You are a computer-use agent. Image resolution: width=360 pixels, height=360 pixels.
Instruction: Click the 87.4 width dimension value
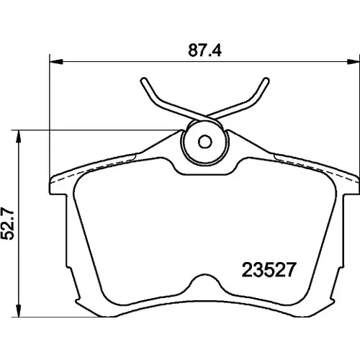[x=204, y=50]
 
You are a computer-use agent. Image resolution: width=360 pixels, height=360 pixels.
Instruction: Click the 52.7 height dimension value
[x=7, y=224]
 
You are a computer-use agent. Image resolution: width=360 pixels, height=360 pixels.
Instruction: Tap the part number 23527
[x=269, y=270]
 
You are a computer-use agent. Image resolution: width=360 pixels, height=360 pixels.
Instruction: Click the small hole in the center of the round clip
[x=205, y=142]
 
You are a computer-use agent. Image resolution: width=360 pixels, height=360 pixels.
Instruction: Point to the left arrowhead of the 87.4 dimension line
[x=56, y=62]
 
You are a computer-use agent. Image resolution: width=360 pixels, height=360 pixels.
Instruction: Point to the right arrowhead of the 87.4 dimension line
[x=354, y=62]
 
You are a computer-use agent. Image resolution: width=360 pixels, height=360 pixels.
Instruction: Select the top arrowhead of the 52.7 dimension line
[x=18, y=137]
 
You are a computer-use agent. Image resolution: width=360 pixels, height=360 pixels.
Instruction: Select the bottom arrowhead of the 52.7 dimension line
[x=18, y=310]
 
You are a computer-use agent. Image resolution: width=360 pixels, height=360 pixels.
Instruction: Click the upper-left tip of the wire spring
[x=143, y=81]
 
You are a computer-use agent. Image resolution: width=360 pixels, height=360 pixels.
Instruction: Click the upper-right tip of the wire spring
[x=266, y=81]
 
